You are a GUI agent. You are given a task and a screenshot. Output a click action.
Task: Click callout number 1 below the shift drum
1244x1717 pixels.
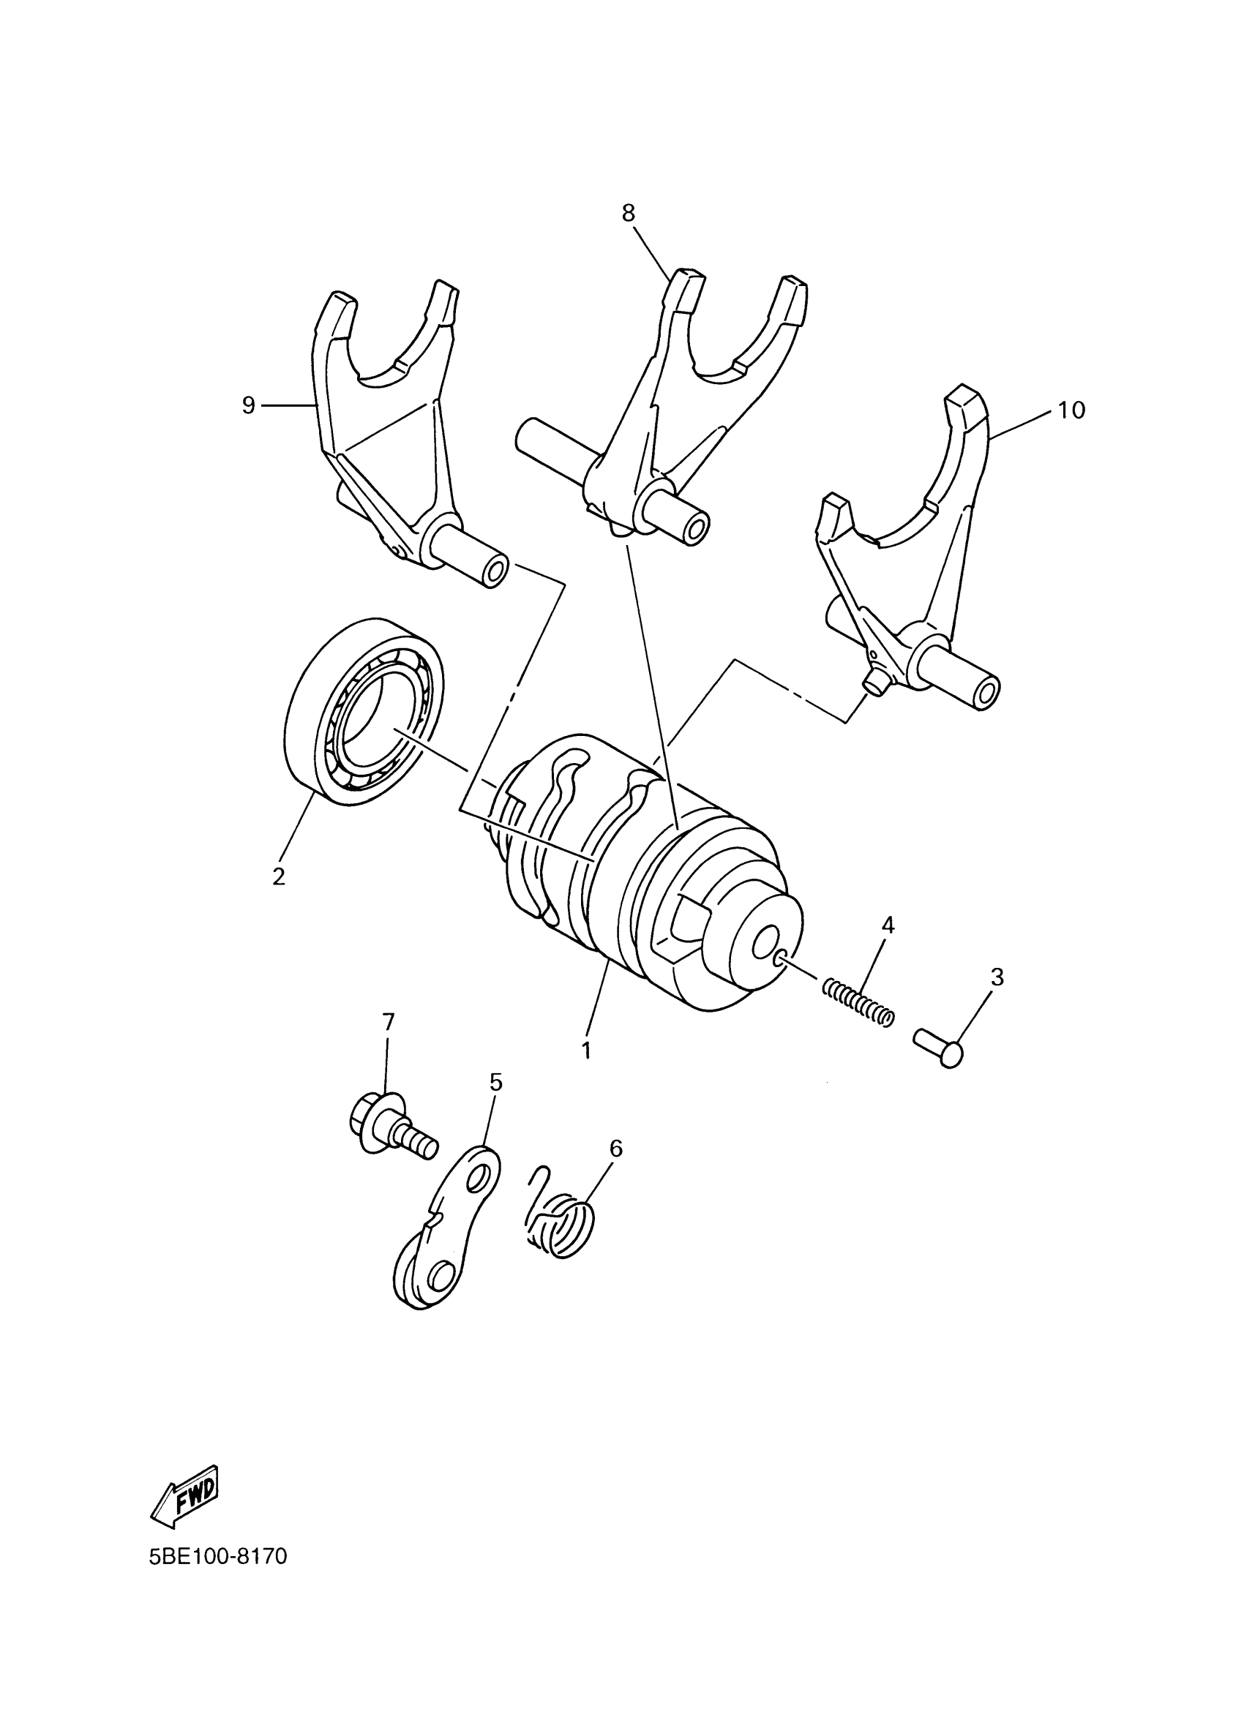(x=586, y=1051)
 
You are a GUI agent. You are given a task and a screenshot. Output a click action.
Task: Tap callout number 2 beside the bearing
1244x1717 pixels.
(x=279, y=876)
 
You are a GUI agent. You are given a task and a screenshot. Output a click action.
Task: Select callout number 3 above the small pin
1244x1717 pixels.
(x=997, y=977)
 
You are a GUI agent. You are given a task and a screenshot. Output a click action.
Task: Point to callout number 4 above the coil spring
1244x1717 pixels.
(x=888, y=925)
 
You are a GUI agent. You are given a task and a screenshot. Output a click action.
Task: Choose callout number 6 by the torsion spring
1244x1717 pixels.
(x=615, y=1149)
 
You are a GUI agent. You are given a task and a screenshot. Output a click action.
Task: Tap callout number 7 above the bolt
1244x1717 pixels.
(x=388, y=1023)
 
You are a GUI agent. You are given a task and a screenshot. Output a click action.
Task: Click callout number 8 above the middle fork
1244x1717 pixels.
(x=629, y=214)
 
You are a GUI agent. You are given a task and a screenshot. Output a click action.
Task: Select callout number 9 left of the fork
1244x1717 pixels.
(x=248, y=406)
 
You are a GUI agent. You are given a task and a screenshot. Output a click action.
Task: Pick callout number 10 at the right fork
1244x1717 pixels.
(x=1071, y=410)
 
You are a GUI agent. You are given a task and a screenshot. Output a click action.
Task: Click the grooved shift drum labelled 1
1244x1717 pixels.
(x=643, y=871)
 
